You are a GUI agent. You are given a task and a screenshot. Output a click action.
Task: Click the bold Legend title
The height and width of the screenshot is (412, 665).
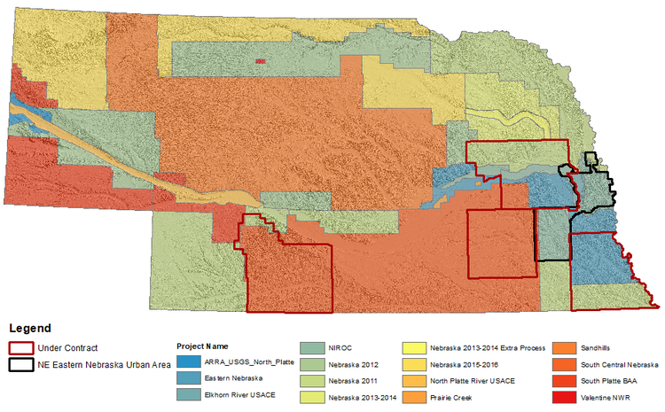[30, 328]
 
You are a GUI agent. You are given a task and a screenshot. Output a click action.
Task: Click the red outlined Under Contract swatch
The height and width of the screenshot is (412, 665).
[21, 348]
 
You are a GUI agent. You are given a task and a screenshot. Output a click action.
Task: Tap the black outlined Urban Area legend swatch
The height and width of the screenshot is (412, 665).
[21, 364]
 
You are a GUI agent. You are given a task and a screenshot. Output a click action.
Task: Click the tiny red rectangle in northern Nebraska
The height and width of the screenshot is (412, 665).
[260, 61]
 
